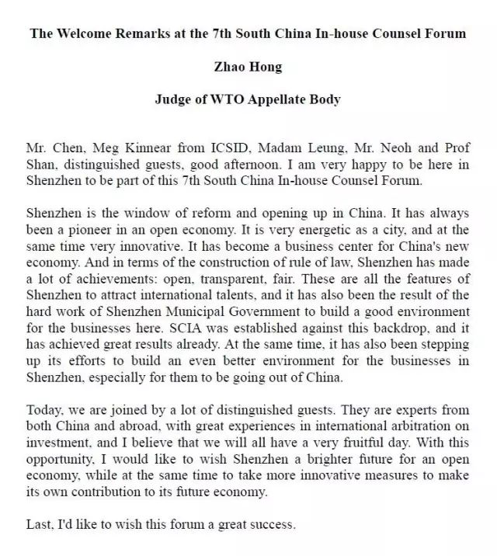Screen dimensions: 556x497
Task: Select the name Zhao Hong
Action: click(248, 67)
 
